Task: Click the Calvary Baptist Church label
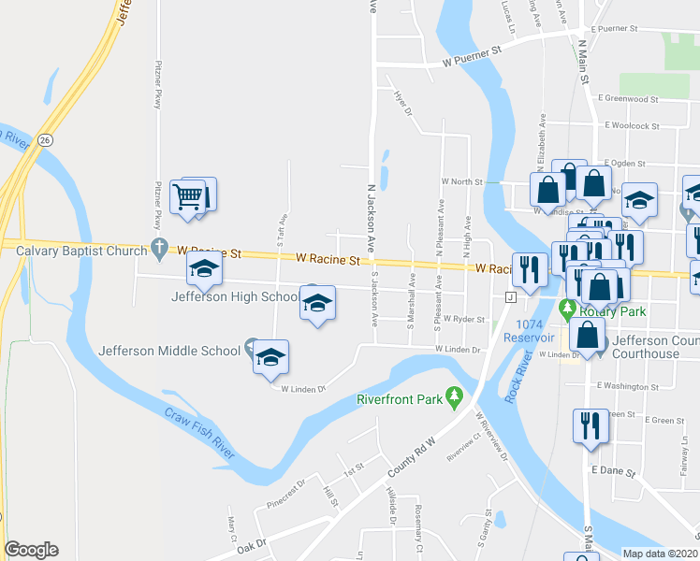tap(75, 250)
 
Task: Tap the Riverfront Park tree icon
tap(455, 397)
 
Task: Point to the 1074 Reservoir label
tap(534, 330)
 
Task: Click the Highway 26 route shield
tap(46, 139)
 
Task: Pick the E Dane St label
tap(613, 472)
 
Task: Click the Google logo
tap(31, 549)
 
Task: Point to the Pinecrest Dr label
tap(285, 491)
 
